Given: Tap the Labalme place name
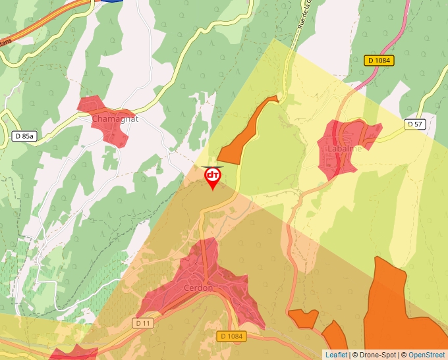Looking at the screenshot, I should [x=345, y=149].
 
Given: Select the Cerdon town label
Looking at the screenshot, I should [x=198, y=288].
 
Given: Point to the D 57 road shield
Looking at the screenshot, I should [x=415, y=124].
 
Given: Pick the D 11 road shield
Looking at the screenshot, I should [x=143, y=323].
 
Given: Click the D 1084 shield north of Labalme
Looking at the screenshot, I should [x=379, y=61].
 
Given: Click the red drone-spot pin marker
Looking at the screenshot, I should [x=213, y=176].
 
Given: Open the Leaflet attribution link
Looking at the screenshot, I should [x=336, y=355].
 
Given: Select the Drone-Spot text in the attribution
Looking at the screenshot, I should [x=377, y=355].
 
